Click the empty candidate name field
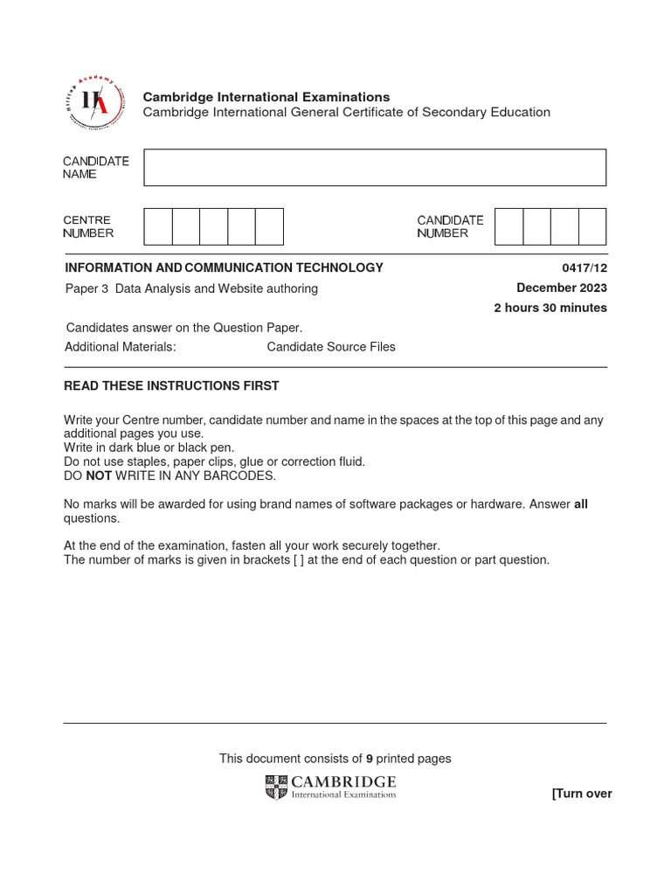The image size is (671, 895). tap(374, 167)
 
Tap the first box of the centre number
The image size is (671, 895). tap(158, 226)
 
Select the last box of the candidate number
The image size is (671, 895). tap(591, 226)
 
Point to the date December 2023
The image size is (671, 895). tap(561, 288)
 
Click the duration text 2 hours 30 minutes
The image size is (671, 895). tap(550, 308)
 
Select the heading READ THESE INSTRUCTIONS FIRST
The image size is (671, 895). tap(172, 385)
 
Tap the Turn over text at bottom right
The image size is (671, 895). tap(581, 794)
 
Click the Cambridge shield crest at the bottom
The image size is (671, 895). tap(276, 787)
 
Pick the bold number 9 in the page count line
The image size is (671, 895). tap(370, 759)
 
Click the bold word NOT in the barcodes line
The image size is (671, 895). tap(99, 476)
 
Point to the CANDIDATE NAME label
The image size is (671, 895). tap(95, 168)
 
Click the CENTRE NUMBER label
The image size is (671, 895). tap(87, 226)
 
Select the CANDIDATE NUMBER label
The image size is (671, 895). tap(450, 226)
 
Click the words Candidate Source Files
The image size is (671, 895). tap(330, 347)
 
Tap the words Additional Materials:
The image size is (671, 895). tap(121, 347)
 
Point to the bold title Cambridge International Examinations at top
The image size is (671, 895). tap(266, 97)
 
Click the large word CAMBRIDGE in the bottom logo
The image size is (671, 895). tap(343, 781)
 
